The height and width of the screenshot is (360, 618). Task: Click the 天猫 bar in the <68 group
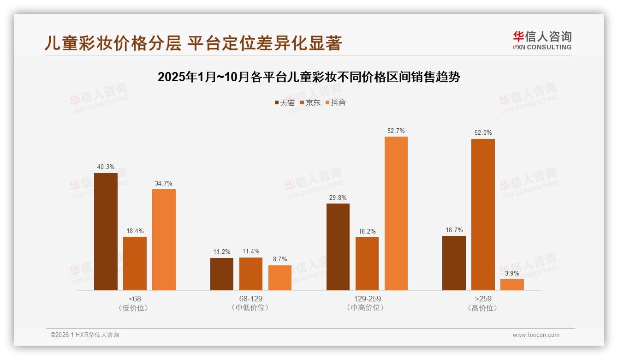(x=106, y=232)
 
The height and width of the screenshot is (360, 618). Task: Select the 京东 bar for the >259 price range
(x=483, y=215)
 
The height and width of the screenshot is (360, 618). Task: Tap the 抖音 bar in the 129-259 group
(x=396, y=213)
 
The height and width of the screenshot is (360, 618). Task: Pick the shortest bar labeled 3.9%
(x=512, y=285)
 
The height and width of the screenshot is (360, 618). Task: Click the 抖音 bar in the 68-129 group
(x=280, y=278)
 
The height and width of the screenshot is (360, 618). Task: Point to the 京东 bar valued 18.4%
(x=135, y=264)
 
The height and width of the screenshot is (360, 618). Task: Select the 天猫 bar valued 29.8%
(x=338, y=247)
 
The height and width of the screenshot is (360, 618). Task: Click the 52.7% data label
(x=396, y=131)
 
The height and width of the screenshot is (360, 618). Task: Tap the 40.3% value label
(x=106, y=167)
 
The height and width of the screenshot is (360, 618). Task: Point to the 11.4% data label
(x=251, y=252)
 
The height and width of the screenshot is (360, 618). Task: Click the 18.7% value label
(x=454, y=230)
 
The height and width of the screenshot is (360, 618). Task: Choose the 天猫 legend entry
(x=285, y=103)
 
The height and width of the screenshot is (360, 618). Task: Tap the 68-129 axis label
(x=251, y=299)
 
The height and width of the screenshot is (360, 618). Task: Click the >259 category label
(x=483, y=299)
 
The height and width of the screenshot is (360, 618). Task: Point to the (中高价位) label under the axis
(x=367, y=308)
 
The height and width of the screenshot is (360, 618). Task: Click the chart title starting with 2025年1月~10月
(x=309, y=77)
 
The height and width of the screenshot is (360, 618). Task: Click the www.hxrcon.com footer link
(x=536, y=335)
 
